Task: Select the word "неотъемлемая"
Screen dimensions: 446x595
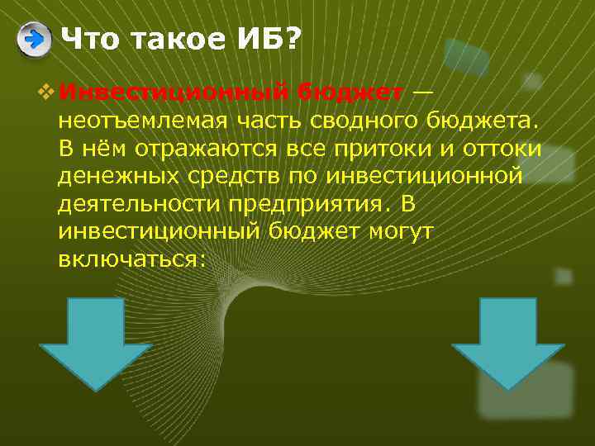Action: click(136, 121)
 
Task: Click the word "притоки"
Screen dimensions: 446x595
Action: click(389, 149)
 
